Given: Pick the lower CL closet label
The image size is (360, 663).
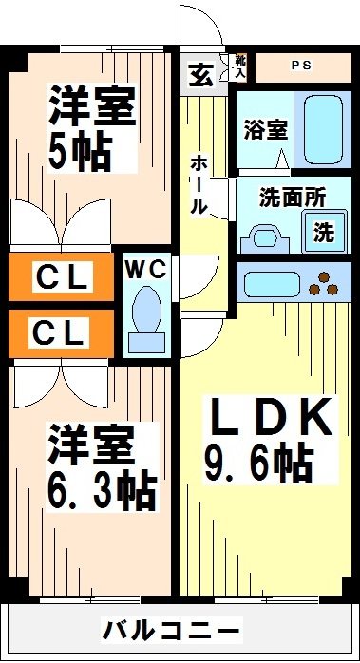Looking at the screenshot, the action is [x=63, y=332].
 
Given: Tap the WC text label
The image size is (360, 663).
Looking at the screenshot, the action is [x=146, y=270].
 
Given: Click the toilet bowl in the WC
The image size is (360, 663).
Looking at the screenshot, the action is [x=146, y=313].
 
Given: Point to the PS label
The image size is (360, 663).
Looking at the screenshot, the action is [x=301, y=66].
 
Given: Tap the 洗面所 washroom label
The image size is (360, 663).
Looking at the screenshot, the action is [x=294, y=199].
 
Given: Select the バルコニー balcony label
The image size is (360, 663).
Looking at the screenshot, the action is [x=173, y=630].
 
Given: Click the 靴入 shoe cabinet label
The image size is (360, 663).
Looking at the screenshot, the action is [x=240, y=66].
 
